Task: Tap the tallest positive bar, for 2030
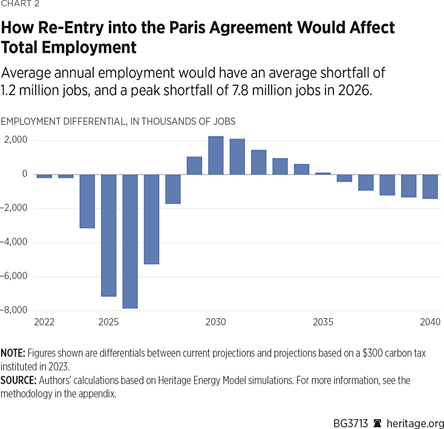(216, 156)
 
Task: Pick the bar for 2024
(87, 201)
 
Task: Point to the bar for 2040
(430, 186)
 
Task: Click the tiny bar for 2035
(323, 174)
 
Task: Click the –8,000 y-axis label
(16, 310)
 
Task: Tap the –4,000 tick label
(16, 243)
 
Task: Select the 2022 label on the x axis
(44, 322)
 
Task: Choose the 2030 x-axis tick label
(216, 322)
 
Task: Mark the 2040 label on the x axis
(430, 322)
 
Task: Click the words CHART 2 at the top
(19, 6)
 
